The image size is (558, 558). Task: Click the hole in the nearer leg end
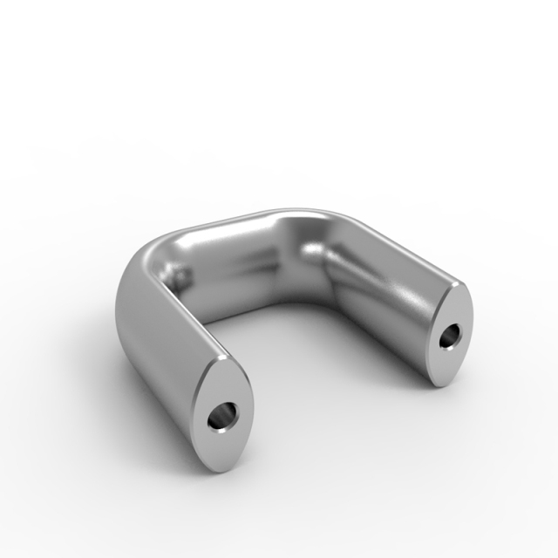pyautogui.click(x=223, y=416)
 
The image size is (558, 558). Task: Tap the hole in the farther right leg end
pyautogui.click(x=452, y=336)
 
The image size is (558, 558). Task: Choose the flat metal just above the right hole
pyautogui.click(x=455, y=310)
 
